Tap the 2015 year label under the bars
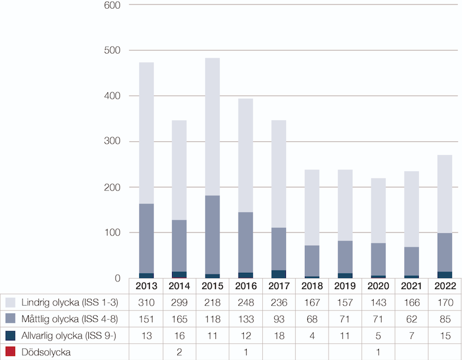coord(212,286)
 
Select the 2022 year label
coord(445,286)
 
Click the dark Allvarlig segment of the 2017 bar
coord(278,274)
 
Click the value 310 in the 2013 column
coord(146,302)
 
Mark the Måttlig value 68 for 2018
coord(312,318)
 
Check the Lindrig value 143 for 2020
coord(378,302)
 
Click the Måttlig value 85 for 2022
coord(445,318)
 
